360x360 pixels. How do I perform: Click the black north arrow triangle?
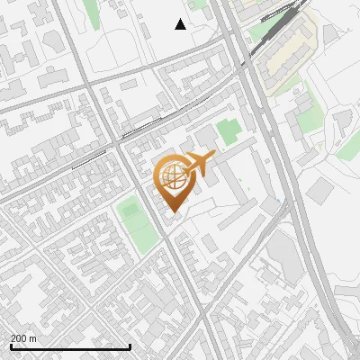(180, 24)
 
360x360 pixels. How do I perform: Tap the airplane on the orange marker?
(199, 164)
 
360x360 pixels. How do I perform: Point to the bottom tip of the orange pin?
(171, 213)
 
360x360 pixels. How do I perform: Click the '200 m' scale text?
(24, 338)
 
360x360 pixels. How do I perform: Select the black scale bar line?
(70, 346)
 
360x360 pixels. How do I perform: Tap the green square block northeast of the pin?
(229, 130)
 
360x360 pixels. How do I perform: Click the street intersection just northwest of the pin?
(117, 142)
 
